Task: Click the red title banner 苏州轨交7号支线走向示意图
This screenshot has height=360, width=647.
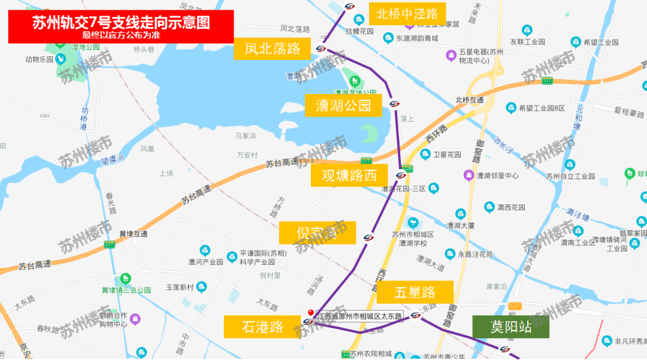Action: (120, 26)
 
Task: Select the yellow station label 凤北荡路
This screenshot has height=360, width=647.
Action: (272, 49)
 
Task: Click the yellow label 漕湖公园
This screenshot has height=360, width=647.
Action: (343, 106)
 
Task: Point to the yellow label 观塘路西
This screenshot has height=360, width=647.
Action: (349, 176)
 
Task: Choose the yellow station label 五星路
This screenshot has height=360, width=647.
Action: (415, 292)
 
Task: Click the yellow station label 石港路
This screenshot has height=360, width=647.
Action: (262, 327)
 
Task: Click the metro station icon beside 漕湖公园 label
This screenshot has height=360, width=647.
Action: (394, 104)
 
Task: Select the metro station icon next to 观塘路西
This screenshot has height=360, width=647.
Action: (401, 176)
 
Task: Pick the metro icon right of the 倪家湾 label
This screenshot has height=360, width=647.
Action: (368, 238)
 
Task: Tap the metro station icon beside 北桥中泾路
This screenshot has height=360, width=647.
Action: (350, 7)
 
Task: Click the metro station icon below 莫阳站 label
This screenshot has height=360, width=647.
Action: (505, 349)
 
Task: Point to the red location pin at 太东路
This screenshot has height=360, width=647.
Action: (310, 313)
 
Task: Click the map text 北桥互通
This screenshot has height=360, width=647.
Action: (469, 100)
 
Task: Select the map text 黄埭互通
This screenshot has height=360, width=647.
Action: (133, 234)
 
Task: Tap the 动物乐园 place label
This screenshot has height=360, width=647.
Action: (40, 59)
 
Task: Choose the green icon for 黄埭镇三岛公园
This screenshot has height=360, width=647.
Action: (125, 279)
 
